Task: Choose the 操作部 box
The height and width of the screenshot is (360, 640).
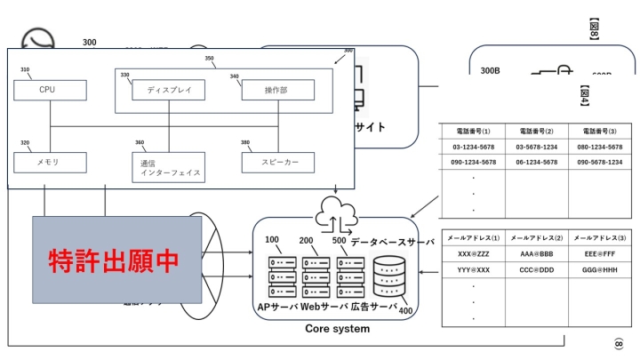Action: (x=276, y=91)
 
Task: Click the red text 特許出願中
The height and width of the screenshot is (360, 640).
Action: (x=113, y=260)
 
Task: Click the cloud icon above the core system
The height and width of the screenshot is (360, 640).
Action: (x=336, y=214)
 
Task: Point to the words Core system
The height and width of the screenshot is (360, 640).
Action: (x=337, y=329)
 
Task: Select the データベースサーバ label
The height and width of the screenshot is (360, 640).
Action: (x=392, y=242)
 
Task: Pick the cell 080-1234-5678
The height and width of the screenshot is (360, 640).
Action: (x=599, y=147)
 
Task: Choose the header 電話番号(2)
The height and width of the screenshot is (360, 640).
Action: (x=537, y=131)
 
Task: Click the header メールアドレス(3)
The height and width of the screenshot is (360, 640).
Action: (x=599, y=238)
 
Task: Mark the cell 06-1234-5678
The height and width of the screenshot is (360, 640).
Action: (x=537, y=162)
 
